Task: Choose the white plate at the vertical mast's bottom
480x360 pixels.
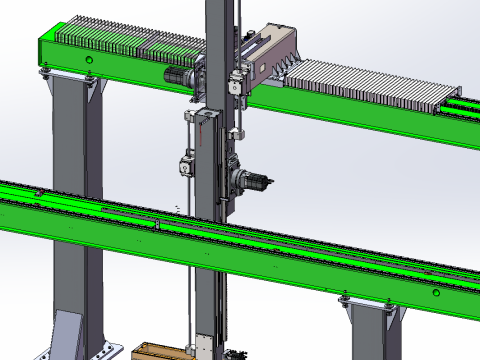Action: (x=203, y=346)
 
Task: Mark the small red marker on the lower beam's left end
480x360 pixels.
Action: (x=37, y=190)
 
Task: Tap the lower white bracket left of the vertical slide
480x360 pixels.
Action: (x=186, y=163)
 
